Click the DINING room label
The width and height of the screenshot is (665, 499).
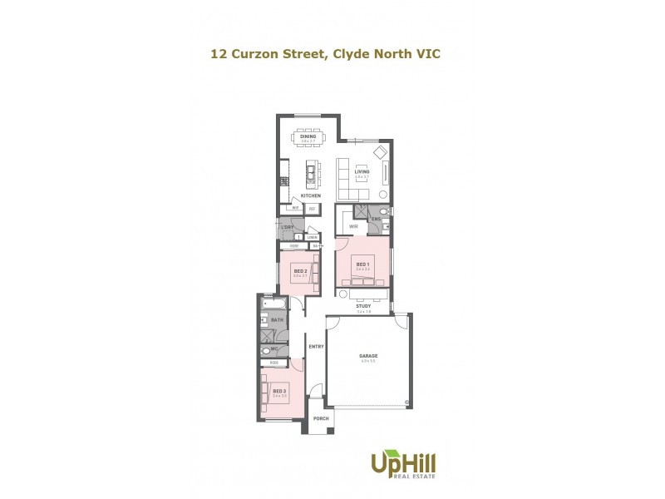tap(308, 136)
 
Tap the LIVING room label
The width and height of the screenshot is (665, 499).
tap(362, 172)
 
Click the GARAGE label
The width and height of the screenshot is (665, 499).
tap(369, 355)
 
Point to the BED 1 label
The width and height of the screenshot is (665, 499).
tap(362, 263)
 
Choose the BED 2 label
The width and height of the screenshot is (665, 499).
tap(301, 270)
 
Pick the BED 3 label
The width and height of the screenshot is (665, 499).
tap(279, 391)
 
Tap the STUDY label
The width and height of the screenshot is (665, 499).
tap(362, 307)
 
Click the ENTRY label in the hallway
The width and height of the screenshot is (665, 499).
tap(315, 346)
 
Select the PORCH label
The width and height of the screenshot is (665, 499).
tap(321, 419)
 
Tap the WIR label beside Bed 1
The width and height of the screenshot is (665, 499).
tap(353, 225)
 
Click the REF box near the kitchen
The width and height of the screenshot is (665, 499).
tap(313, 209)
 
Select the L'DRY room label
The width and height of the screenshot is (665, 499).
tap(288, 227)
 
